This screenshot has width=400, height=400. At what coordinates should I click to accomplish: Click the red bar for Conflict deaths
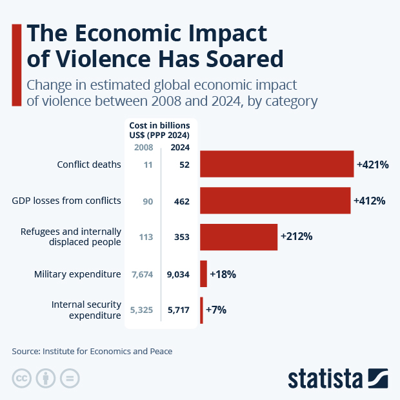point(277,164)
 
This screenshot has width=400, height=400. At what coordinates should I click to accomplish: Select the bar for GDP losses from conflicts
point(275,201)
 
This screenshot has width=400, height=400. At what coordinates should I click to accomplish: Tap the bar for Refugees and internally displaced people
point(239,237)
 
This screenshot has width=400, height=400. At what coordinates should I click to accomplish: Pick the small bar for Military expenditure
point(203,274)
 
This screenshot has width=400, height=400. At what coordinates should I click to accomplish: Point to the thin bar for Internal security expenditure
point(201,310)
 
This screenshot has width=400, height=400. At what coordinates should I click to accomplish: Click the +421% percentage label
point(372,165)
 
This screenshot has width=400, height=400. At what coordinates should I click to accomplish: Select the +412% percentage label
point(369,201)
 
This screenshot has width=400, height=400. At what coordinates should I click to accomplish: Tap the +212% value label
point(296,237)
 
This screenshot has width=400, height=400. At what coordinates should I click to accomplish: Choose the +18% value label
point(223,274)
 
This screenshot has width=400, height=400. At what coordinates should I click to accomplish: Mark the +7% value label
point(215,310)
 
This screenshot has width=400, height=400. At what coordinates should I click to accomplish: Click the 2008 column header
point(143,148)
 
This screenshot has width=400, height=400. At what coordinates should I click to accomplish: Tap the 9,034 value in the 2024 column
point(178,274)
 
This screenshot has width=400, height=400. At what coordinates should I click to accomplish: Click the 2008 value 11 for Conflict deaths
point(147,165)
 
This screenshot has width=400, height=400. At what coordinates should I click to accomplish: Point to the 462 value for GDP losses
point(181,201)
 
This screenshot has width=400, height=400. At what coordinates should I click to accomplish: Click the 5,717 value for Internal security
point(178,310)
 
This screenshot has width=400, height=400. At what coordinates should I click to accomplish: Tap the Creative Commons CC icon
point(22,378)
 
